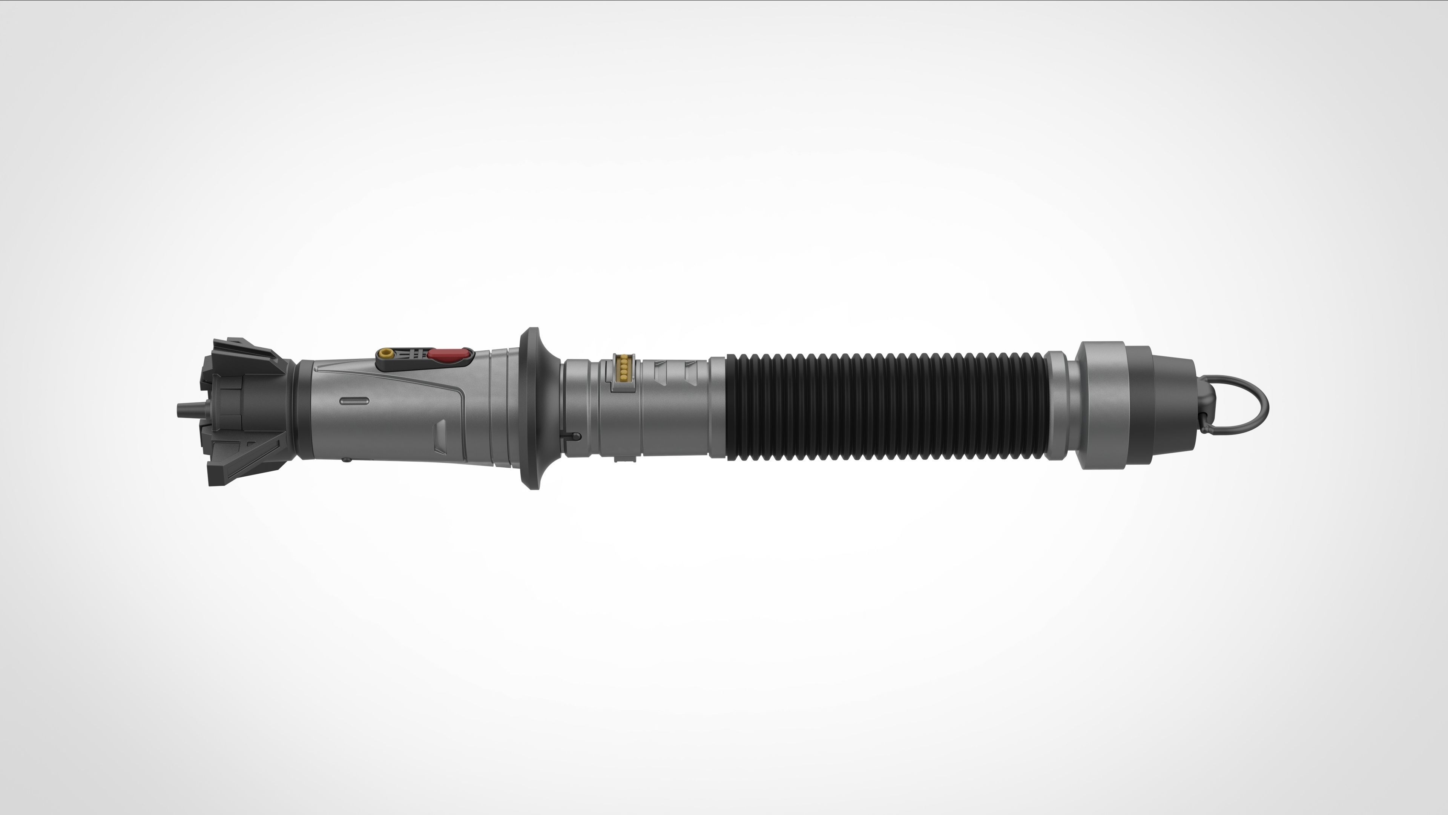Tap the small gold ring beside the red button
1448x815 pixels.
click(x=386, y=353)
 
